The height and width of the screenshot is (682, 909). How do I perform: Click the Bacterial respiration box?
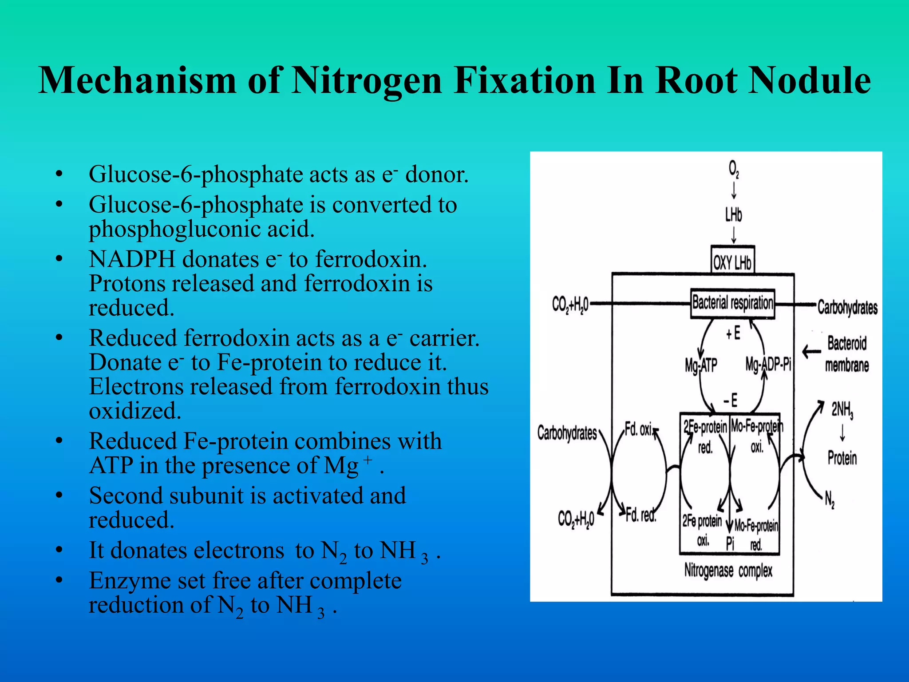point(732,304)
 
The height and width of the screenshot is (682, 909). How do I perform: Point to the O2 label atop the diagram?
point(734,169)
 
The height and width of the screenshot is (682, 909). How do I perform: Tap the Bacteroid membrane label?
point(847,354)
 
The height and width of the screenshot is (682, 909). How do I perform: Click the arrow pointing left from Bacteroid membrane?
point(812,353)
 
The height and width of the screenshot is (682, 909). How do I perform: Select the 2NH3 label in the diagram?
point(842,410)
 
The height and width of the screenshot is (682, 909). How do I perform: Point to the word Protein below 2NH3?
point(842,458)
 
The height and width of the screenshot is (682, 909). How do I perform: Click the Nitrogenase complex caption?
point(728,571)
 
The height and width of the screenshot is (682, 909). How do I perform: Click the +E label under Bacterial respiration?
point(733,333)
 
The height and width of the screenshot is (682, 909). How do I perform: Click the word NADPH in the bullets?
point(132,259)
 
